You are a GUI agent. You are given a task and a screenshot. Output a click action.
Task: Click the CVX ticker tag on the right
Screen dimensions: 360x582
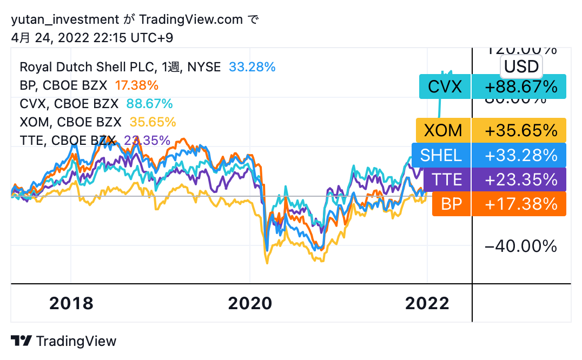point(445,86)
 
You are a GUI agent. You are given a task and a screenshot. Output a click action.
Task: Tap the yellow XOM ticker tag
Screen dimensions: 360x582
point(443,130)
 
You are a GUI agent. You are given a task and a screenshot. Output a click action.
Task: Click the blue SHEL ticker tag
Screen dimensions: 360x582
point(441,155)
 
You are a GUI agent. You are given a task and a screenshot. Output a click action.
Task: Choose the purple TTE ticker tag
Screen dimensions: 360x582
point(446,179)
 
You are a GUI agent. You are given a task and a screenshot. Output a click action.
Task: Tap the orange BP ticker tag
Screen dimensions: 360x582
point(452,204)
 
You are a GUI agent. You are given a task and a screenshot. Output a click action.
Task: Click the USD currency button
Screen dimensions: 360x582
point(521,66)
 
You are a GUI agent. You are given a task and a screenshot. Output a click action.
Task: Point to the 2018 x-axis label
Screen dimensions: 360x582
point(71,303)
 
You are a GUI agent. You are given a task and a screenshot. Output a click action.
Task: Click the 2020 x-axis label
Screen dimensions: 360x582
point(250,303)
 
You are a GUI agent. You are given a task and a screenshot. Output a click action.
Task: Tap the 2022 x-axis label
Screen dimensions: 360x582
point(427,303)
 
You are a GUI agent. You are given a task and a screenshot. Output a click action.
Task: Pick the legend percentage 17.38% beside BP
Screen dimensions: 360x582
point(136,85)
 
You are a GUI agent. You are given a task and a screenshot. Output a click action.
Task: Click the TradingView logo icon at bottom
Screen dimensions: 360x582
point(22,341)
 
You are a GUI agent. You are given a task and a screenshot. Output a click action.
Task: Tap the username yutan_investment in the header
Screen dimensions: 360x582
point(65,20)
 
